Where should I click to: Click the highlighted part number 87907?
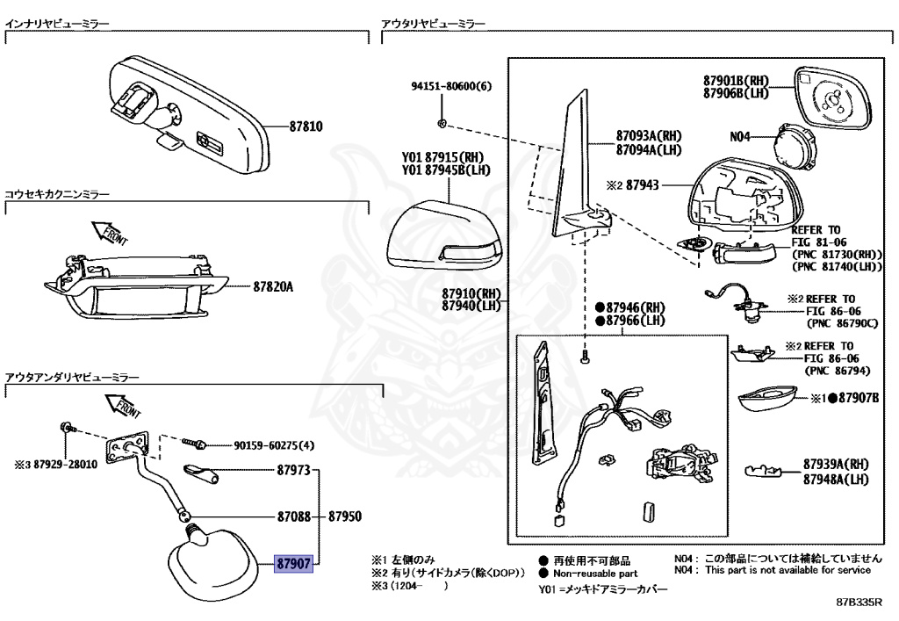293,563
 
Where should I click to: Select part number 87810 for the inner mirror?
306,126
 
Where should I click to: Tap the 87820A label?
273,286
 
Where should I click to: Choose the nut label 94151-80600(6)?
452,87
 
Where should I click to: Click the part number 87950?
346,517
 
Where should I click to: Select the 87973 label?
293,472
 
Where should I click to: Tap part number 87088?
293,517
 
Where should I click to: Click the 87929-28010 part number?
61,466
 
